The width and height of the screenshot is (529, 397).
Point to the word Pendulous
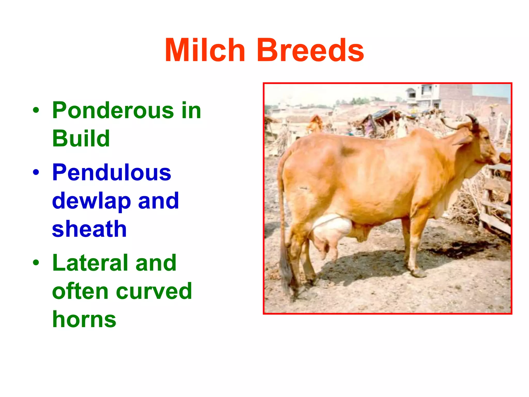click(x=111, y=172)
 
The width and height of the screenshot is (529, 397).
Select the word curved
click(x=154, y=291)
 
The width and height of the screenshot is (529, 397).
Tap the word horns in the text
click(x=84, y=319)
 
